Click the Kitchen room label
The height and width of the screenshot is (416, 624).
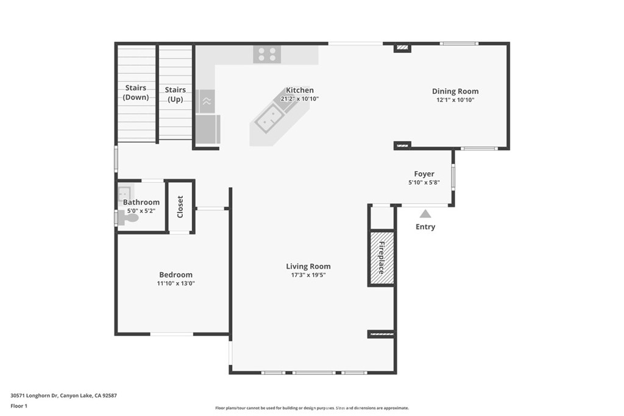300,90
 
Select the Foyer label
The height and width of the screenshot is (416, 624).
424,174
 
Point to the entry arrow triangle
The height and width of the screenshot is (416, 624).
425,214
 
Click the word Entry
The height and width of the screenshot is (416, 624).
425,227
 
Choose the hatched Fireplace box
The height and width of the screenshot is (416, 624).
381,258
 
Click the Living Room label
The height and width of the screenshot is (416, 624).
308,266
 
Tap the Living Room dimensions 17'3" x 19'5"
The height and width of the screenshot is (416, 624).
308,275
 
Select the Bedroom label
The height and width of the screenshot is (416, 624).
175,275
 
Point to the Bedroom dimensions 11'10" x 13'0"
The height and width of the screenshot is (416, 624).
175,283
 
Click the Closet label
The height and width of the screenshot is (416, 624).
180,207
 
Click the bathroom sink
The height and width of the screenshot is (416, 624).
124,193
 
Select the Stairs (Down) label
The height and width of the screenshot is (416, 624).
136,93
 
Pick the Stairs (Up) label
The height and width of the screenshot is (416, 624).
175,94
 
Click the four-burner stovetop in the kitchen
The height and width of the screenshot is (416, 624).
267,54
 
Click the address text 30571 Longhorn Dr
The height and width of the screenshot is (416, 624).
34,395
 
